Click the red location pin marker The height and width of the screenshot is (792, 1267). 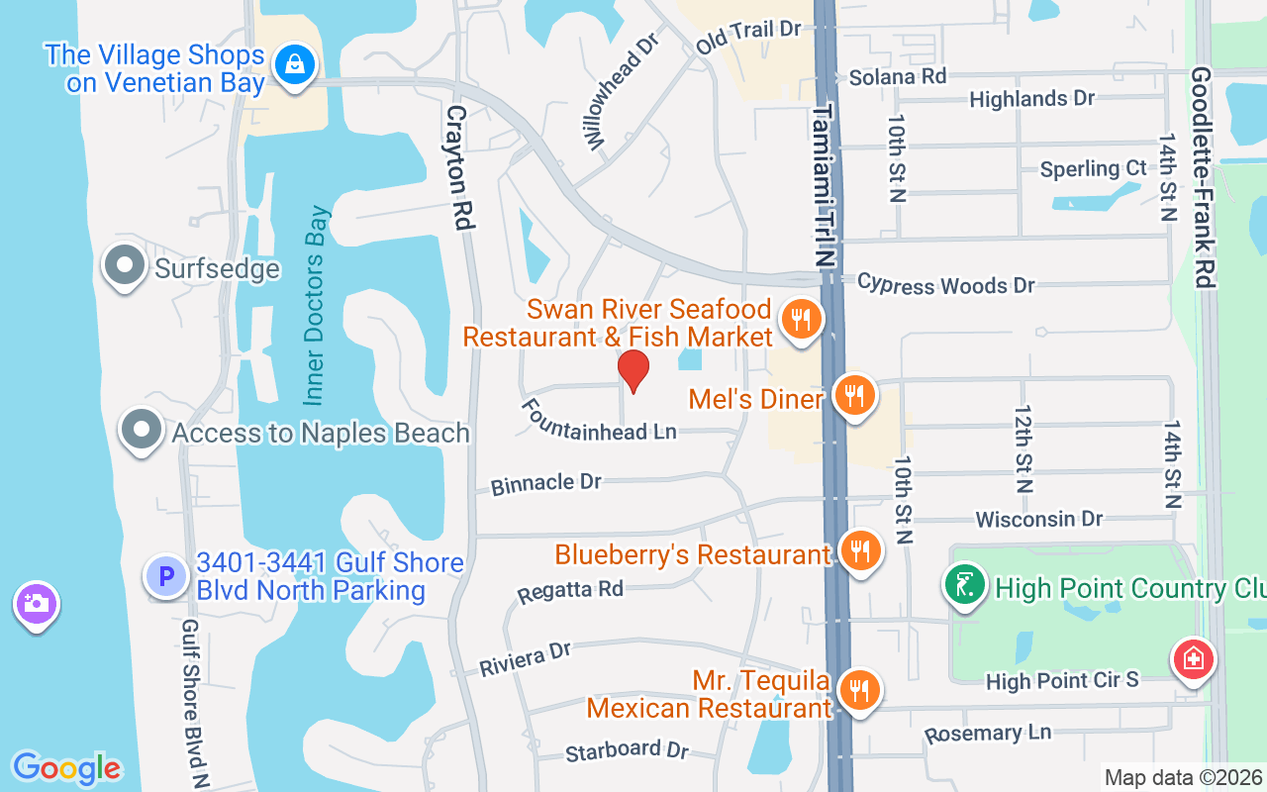633,370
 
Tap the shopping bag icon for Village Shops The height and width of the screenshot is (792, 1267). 294,65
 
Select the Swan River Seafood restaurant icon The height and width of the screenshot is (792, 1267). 801,320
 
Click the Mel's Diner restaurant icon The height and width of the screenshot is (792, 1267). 852,395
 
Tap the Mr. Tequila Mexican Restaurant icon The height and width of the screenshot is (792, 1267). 858,690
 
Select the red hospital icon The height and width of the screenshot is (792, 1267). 1192,658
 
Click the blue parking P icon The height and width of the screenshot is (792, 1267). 165,575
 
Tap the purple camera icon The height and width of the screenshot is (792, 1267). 36,603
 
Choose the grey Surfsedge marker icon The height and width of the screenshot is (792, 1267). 126,266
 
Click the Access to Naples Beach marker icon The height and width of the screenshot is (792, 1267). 141,431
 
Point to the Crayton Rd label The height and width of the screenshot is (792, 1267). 457,168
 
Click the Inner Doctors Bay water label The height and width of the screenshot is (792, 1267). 316,305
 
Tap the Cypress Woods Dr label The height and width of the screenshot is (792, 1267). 945,284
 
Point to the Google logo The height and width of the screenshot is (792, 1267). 66,767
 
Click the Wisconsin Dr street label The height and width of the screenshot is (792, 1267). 1038,519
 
